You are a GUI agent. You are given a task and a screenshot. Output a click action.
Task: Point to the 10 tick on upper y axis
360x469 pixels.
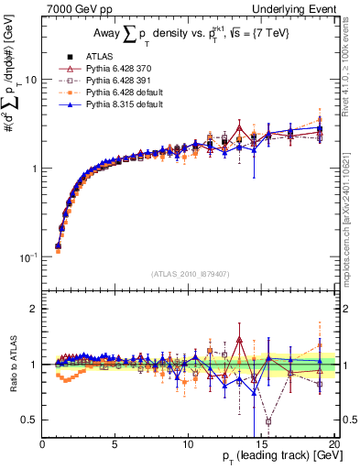click(31, 80)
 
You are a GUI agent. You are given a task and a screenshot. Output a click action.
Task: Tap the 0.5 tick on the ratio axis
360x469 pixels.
click(30, 420)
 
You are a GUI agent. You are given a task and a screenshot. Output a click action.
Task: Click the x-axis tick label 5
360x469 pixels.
click(115, 444)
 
